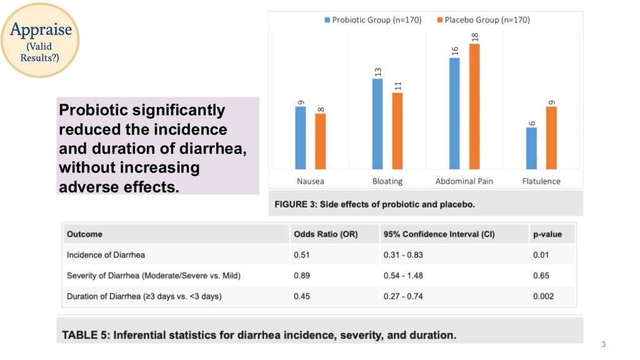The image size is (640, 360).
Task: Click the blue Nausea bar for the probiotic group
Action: [x=301, y=137]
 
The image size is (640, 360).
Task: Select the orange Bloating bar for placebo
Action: [x=397, y=131]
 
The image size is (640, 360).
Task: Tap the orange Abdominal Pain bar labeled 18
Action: [x=474, y=106]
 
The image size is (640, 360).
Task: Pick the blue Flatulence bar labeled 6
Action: [x=531, y=148]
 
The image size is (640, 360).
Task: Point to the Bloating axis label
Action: [x=387, y=181]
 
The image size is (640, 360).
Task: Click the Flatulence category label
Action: [x=541, y=181]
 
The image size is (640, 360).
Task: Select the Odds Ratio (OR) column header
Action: [x=325, y=234]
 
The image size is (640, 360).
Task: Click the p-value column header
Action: [x=547, y=234]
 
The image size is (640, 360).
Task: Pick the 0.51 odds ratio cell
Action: [x=302, y=255]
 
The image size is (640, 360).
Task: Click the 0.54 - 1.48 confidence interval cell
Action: [x=404, y=276]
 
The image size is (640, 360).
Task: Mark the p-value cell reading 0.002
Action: [x=543, y=296]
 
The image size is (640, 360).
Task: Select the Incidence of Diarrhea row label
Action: [x=106, y=255]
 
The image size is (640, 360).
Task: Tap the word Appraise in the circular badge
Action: [x=41, y=29]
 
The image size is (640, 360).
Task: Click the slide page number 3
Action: [x=604, y=344]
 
